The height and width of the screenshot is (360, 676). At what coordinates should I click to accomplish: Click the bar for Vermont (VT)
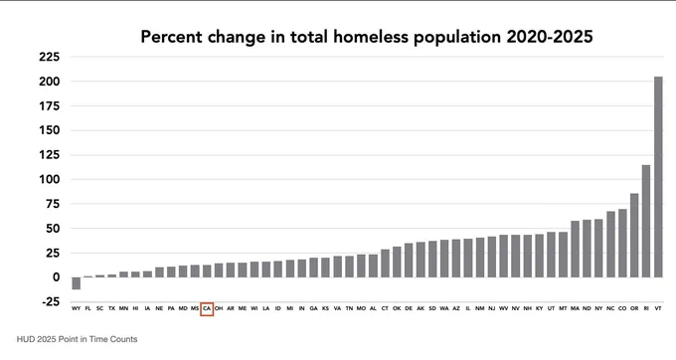[658, 177]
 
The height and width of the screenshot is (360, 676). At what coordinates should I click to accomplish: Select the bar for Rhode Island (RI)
[646, 221]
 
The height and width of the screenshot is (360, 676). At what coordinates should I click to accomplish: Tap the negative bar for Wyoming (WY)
[77, 283]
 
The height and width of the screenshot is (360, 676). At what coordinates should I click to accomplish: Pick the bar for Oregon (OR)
[634, 236]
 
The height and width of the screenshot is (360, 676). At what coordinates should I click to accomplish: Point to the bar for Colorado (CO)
[622, 244]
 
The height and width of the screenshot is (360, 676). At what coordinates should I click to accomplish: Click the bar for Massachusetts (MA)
[575, 250]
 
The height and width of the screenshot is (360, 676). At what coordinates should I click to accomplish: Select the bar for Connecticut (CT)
[385, 264]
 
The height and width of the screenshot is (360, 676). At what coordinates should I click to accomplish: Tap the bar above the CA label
[207, 271]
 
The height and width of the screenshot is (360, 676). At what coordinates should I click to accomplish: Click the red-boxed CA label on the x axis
[207, 308]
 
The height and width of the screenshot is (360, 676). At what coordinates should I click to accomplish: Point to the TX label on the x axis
[111, 308]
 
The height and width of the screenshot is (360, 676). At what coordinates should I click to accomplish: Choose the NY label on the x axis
[598, 308]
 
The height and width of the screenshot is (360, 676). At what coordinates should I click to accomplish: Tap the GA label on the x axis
[313, 308]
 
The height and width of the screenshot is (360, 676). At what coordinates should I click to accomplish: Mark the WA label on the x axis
[444, 308]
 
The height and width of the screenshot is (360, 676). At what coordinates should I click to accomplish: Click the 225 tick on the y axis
[49, 57]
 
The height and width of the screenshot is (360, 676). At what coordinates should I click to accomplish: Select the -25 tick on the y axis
[51, 301]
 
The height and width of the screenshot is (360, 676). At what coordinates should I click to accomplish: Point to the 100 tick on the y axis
[49, 179]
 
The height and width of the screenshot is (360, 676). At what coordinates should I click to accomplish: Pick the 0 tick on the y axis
[56, 277]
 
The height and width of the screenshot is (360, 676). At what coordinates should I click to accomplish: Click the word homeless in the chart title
[371, 37]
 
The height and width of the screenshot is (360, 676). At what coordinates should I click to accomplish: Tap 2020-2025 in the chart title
[549, 37]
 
